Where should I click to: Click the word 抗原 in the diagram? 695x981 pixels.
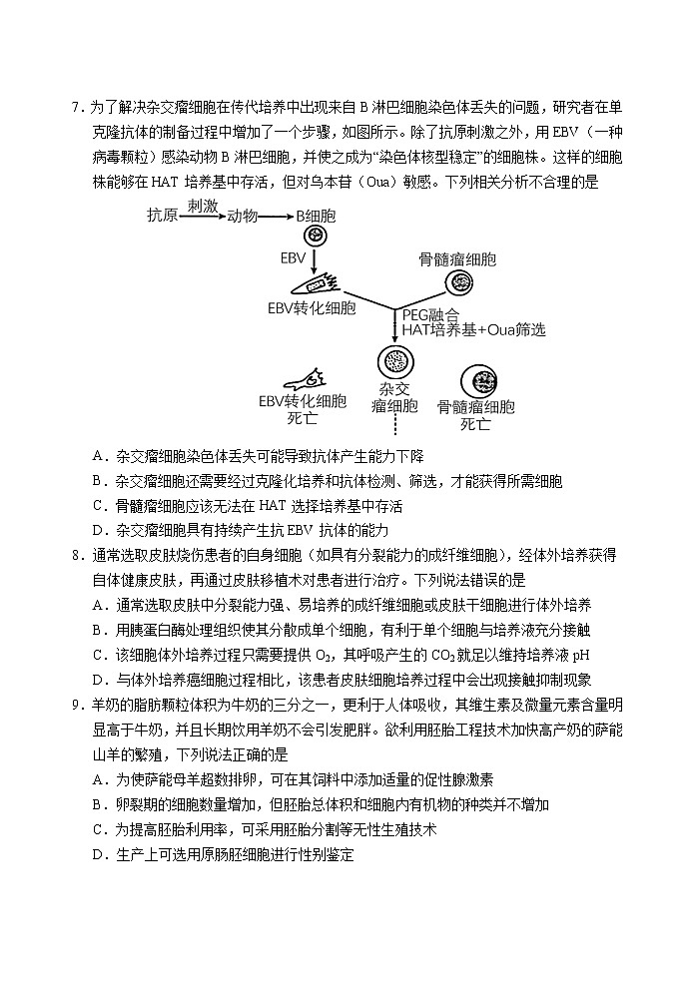(x=163, y=215)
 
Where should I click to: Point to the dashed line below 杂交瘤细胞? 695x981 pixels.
(x=394, y=426)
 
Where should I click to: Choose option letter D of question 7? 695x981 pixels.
(x=98, y=530)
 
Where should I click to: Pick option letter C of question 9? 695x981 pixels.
(x=98, y=829)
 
